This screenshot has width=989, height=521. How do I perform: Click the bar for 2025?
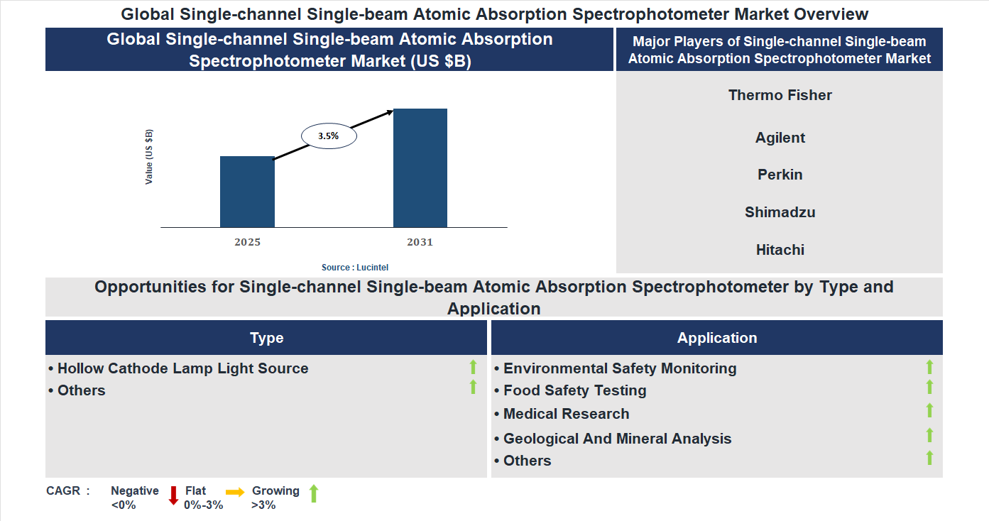pos(247,192)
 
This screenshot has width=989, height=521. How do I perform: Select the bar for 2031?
pos(420,168)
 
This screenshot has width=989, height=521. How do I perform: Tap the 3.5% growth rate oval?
pos(329,135)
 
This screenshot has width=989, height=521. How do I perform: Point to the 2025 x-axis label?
pos(247,242)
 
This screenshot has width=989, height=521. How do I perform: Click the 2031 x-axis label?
pos(420,242)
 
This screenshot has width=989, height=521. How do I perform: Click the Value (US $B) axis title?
pos(149,157)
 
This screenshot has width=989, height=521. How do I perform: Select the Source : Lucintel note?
pos(355,267)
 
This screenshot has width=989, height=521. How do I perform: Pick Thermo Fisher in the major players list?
pos(780,95)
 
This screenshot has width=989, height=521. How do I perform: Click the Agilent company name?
pos(780,138)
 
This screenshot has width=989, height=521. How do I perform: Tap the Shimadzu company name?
pos(780,212)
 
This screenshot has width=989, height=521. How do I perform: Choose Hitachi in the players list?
pos(780,250)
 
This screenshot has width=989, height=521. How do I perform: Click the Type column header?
pos(266,338)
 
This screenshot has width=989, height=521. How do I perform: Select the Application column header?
pos(717,338)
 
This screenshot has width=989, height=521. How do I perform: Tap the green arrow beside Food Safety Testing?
pos(929,388)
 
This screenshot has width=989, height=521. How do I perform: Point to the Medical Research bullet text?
pos(566,414)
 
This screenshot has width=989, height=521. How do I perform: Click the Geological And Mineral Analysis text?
pos(617,439)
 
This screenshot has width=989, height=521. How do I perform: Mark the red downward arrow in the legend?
pos(173,495)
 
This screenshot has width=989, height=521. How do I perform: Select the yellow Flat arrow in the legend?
pos(235,491)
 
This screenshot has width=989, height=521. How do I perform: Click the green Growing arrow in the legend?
pos(314,493)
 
